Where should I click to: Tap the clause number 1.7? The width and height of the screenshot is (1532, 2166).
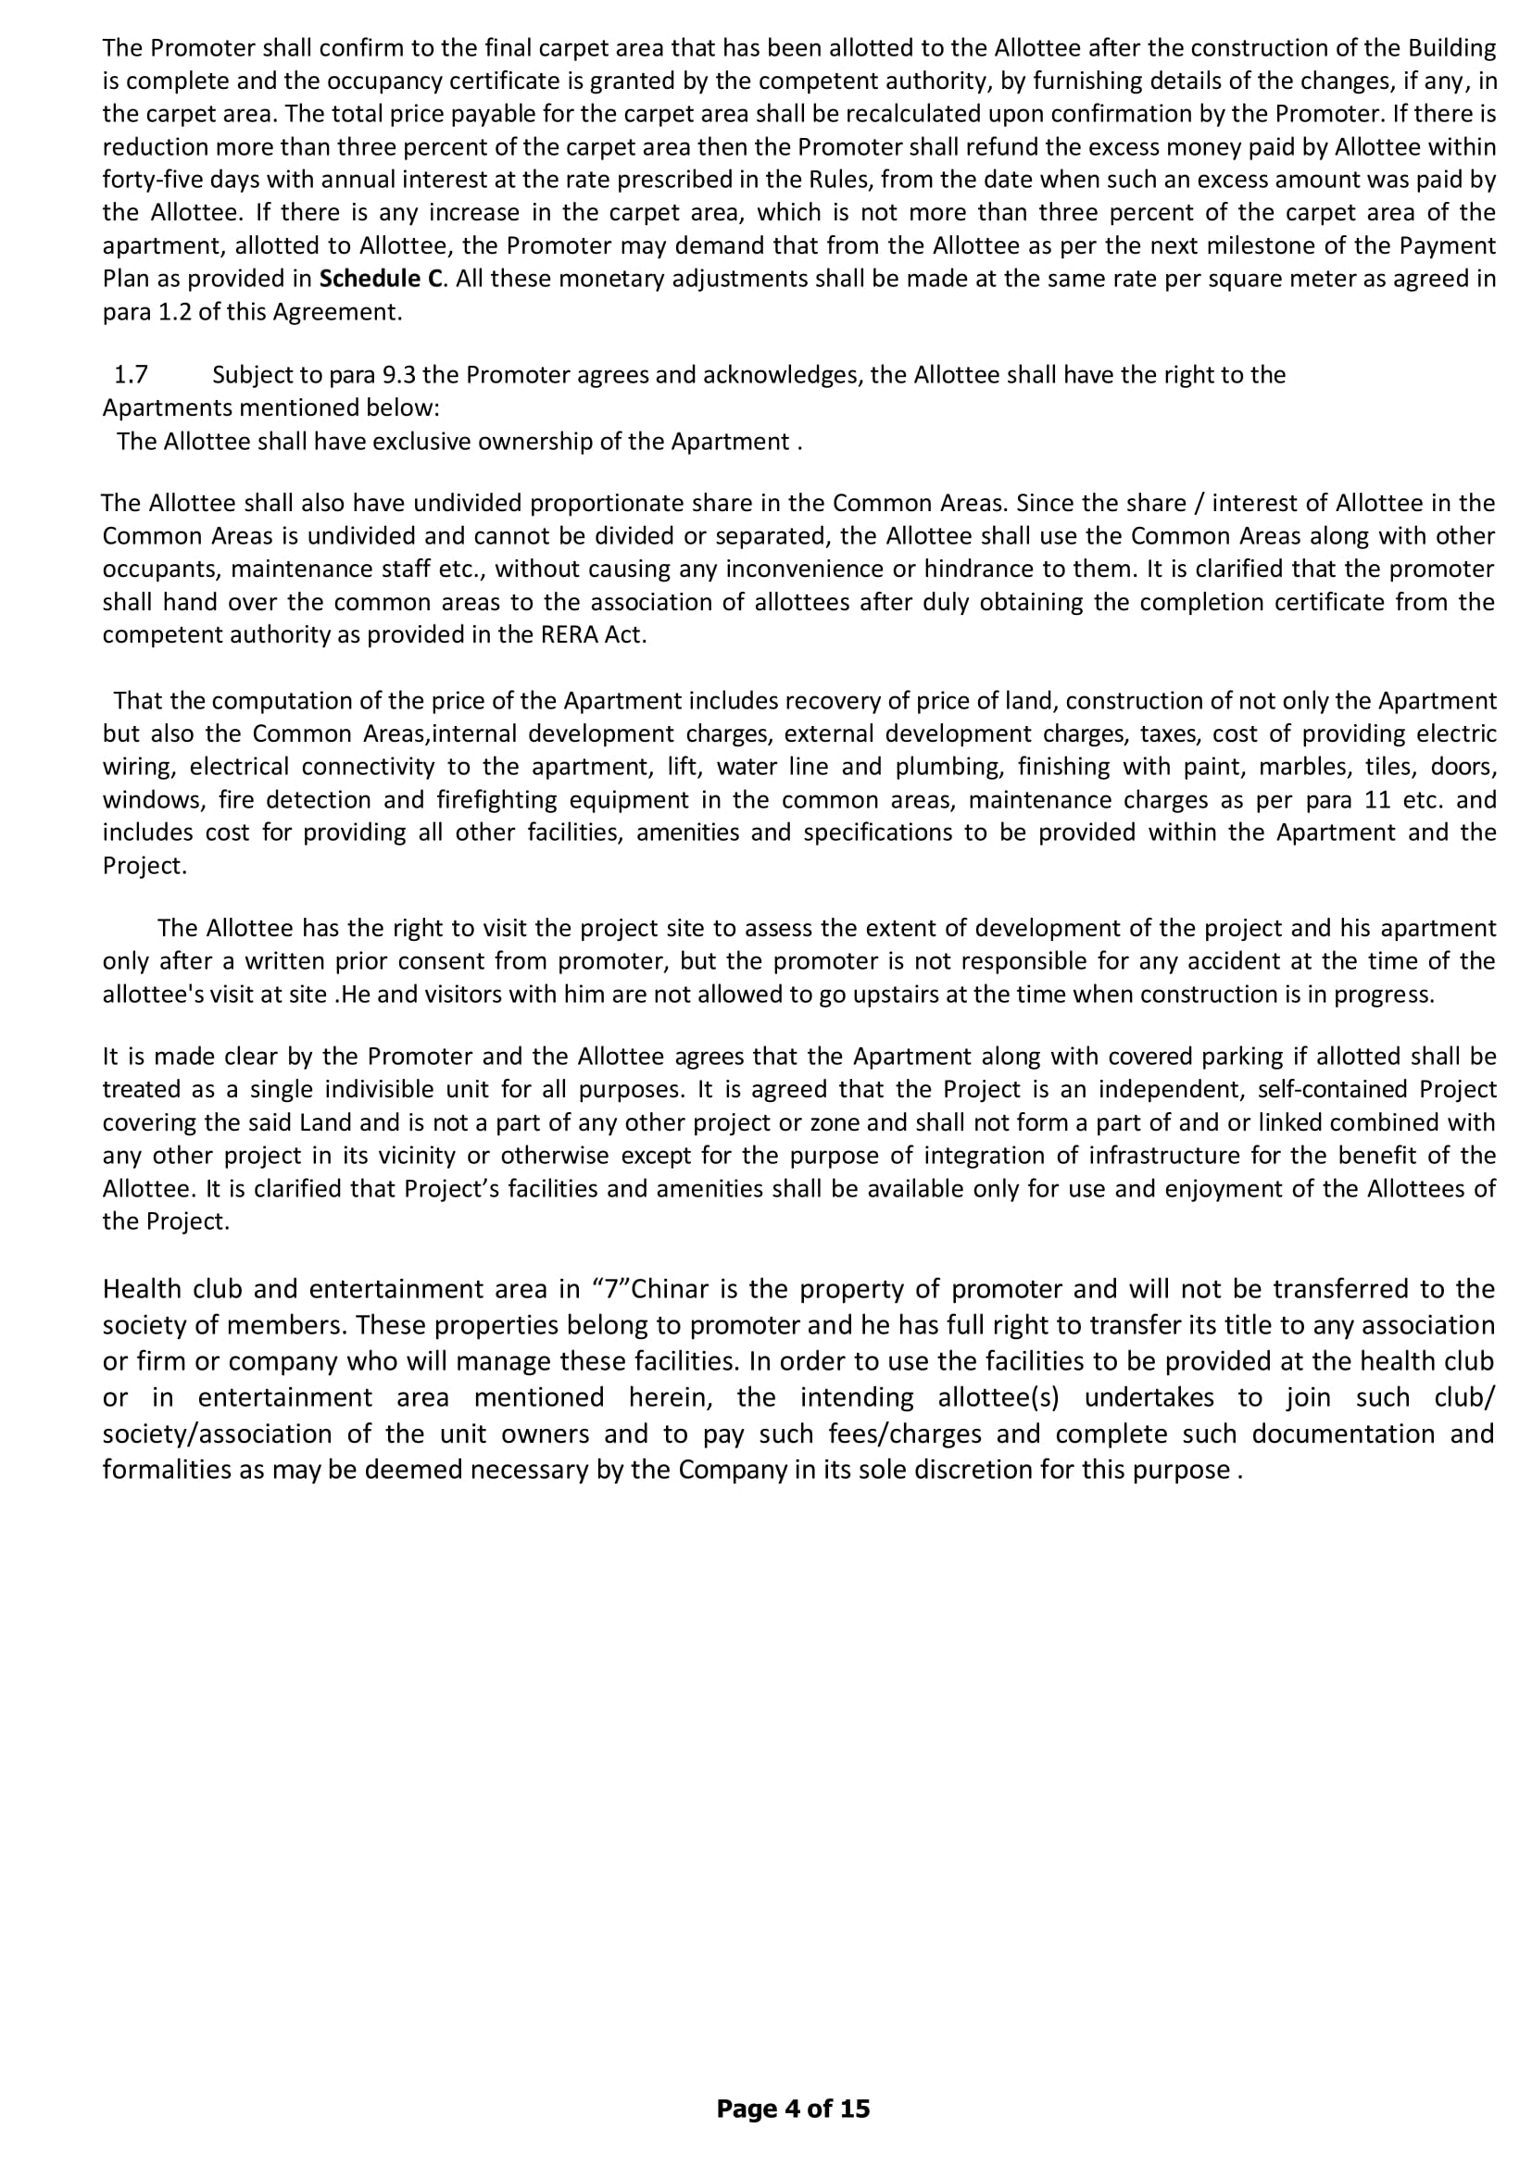(132, 374)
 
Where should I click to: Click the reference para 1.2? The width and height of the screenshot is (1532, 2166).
(141, 311)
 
